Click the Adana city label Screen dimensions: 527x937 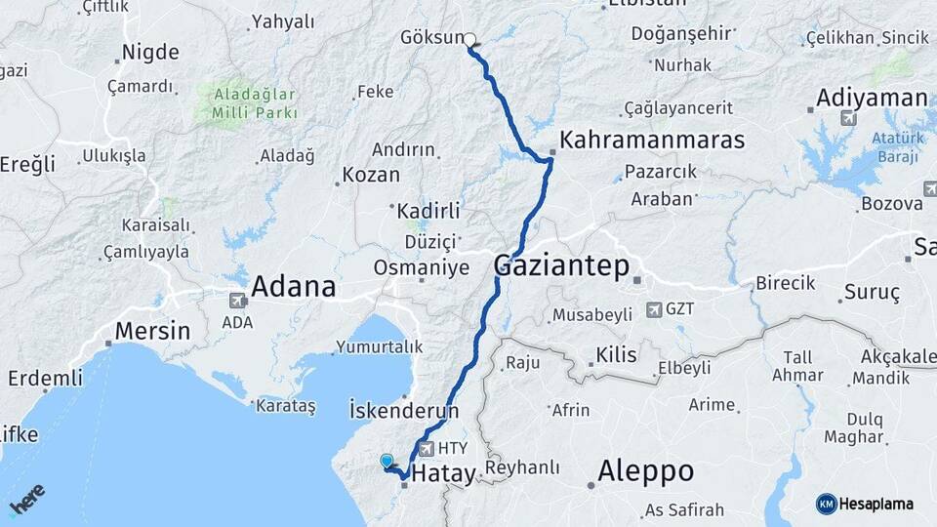[293, 287]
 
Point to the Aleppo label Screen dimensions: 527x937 [645, 472]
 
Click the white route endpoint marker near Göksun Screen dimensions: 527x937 [470, 41]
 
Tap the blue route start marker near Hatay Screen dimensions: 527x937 [387, 461]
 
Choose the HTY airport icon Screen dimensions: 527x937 [426, 449]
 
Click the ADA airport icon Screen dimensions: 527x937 [236, 301]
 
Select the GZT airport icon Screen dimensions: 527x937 [653, 310]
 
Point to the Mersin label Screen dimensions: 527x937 [152, 331]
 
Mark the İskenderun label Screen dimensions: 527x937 [403, 411]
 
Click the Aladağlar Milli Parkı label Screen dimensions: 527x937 [245, 102]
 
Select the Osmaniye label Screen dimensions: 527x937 [422, 267]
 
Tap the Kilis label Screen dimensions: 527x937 [616, 355]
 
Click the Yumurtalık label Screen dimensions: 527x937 [380, 346]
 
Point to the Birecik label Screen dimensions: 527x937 [785, 283]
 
